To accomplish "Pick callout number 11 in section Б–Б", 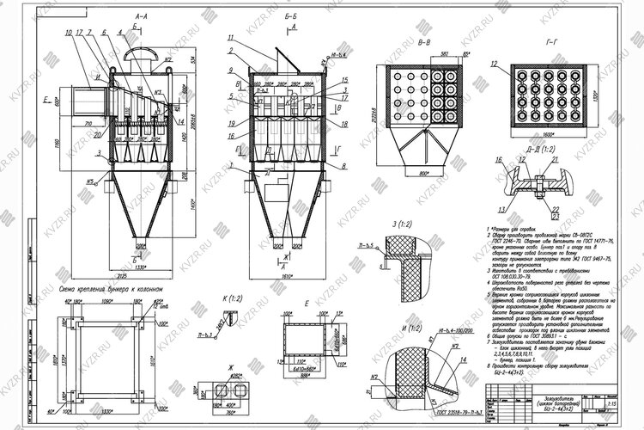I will click(232, 40).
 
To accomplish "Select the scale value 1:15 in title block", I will click(611, 402).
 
